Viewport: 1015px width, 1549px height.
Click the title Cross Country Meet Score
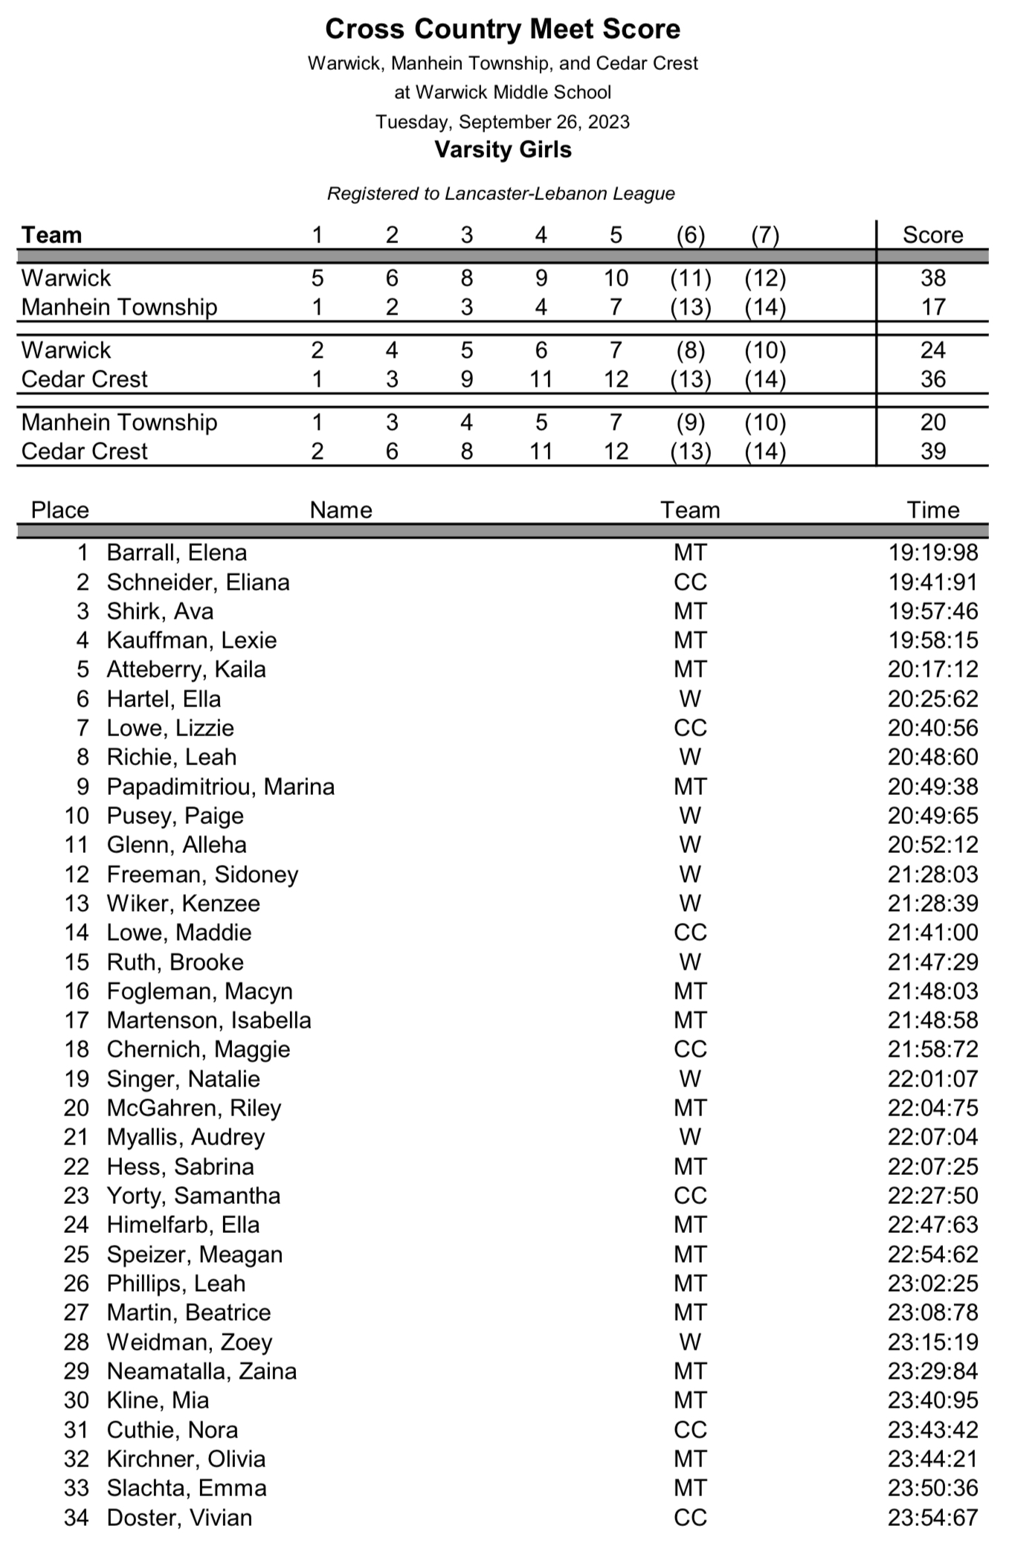503,30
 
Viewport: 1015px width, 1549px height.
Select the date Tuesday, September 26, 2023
503,122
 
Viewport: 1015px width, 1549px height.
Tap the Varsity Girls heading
503,150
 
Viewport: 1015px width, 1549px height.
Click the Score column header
932,236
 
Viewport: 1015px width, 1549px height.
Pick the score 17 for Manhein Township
932,307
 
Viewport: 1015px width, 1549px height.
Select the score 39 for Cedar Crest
932,451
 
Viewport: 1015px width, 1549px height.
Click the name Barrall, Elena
177,553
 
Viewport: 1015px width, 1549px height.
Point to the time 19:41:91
932,582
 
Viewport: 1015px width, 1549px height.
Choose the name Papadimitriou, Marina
221,787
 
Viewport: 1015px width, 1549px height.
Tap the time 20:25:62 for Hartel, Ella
932,699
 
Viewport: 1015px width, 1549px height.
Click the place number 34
76,1518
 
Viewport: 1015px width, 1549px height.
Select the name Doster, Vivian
179,1518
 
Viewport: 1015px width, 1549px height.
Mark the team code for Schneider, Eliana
690,582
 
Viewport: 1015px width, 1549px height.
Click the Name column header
341,511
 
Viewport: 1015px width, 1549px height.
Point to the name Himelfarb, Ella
184,1225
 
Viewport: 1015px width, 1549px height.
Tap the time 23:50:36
932,1488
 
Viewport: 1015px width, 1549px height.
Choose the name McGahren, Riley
194,1108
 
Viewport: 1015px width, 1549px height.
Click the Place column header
59,511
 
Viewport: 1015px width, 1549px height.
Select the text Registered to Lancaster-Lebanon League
501,194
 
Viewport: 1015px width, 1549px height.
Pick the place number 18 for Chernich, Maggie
76,1049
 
